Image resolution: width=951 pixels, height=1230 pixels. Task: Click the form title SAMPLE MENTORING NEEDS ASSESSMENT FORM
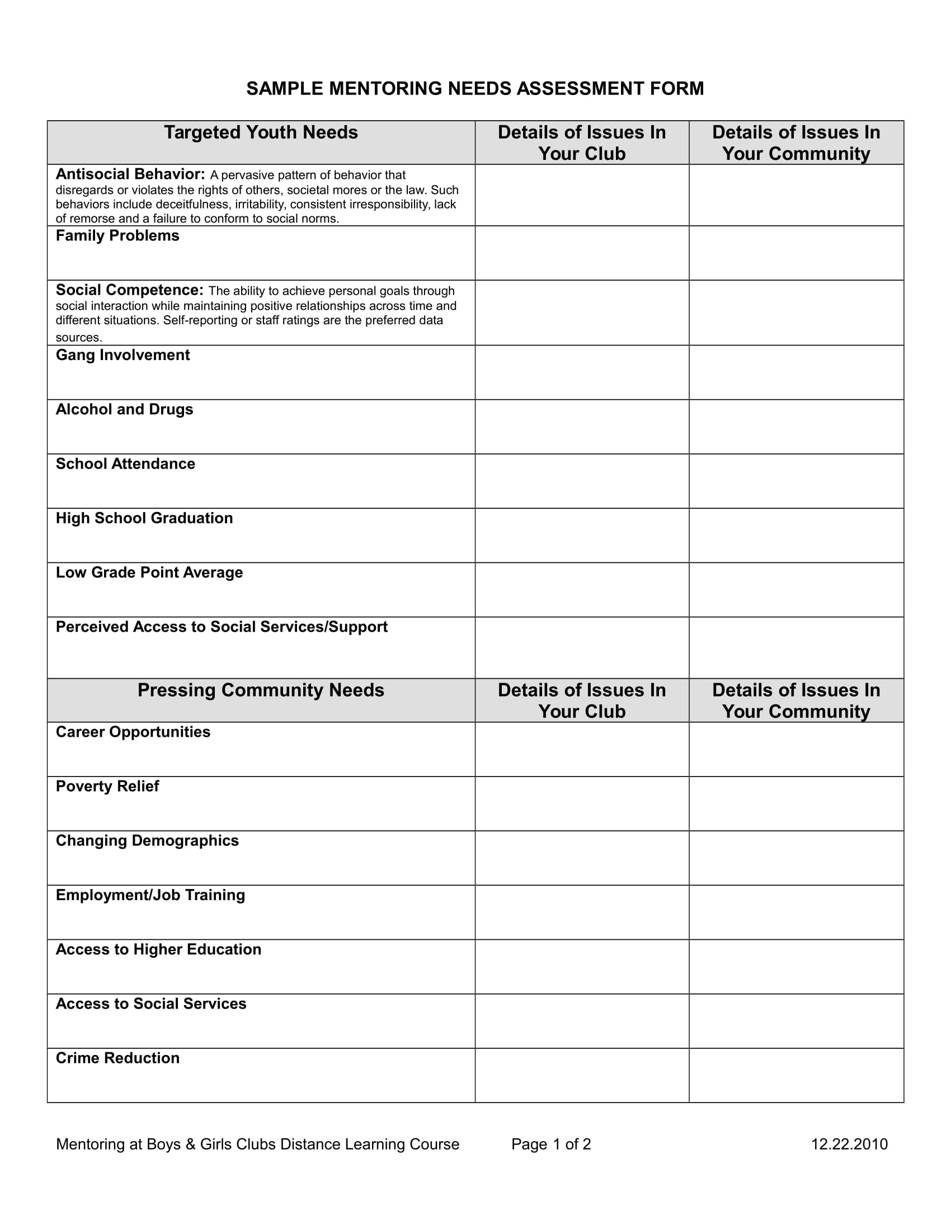(x=475, y=88)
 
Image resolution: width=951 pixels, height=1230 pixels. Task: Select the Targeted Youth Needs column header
(x=261, y=133)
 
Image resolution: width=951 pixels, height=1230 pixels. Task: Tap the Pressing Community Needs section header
(x=261, y=690)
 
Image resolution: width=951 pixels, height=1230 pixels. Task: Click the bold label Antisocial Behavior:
(x=130, y=174)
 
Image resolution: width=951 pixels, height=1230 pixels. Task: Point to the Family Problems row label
(x=117, y=236)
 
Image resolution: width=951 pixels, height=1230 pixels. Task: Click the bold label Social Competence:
(x=129, y=291)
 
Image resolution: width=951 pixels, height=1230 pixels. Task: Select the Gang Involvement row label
(x=123, y=356)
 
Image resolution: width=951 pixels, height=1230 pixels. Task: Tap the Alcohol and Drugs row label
(x=125, y=409)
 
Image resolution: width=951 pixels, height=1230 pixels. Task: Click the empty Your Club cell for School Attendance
(x=581, y=481)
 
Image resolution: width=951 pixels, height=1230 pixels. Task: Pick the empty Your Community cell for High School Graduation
(x=796, y=536)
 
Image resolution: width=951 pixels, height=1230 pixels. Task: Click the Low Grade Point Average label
(x=149, y=573)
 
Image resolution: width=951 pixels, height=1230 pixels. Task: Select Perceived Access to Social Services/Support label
(x=222, y=627)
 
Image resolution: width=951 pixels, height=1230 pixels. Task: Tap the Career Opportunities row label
(x=133, y=732)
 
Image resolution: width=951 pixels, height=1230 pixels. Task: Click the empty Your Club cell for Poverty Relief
(x=581, y=803)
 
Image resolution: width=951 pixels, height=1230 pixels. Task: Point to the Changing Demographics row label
(x=147, y=841)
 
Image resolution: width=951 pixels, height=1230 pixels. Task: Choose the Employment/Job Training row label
(x=150, y=896)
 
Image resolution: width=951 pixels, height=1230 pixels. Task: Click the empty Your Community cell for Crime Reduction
(x=796, y=1075)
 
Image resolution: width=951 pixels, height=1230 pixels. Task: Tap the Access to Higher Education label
(x=158, y=949)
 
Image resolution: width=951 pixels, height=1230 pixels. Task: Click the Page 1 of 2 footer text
(x=551, y=1144)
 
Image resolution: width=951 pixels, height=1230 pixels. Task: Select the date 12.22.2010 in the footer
(x=849, y=1144)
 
